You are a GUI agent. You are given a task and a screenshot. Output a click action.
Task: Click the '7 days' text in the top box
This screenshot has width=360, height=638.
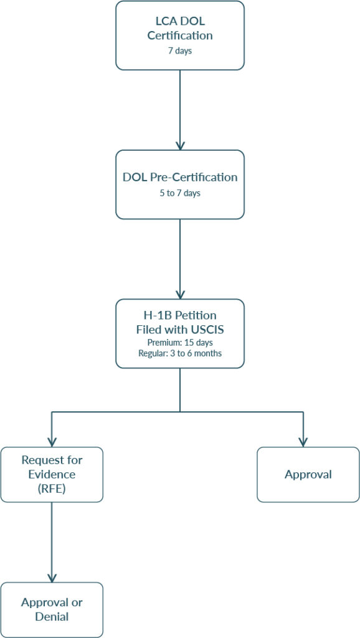coord(180,51)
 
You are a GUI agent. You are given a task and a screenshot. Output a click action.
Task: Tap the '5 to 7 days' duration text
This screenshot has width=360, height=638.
coord(180,193)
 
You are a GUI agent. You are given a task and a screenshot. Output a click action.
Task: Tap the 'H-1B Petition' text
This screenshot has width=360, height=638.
coord(180,317)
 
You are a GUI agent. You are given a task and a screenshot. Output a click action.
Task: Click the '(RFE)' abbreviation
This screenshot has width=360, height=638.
coord(52,488)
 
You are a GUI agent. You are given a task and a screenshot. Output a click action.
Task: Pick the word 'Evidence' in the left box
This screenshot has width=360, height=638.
coord(52,474)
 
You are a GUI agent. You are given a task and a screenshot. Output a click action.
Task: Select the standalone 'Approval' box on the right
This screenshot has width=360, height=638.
coord(308,474)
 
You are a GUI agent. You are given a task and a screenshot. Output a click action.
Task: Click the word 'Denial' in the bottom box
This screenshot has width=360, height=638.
coord(52,617)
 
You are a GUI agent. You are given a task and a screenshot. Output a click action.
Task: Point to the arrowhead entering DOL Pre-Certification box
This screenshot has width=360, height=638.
coord(180,145)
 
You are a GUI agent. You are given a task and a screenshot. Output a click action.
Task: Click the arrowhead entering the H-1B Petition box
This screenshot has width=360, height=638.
coord(180,295)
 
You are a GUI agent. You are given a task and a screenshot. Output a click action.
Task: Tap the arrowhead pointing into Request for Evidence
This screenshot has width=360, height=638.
coord(52,442)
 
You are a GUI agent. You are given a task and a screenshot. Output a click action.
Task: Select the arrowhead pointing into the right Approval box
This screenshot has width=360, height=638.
coord(303,442)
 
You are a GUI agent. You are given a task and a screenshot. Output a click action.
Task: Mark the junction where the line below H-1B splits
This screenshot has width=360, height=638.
coord(180,412)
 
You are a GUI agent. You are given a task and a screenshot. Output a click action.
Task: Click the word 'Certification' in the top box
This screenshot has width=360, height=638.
coord(180,36)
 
